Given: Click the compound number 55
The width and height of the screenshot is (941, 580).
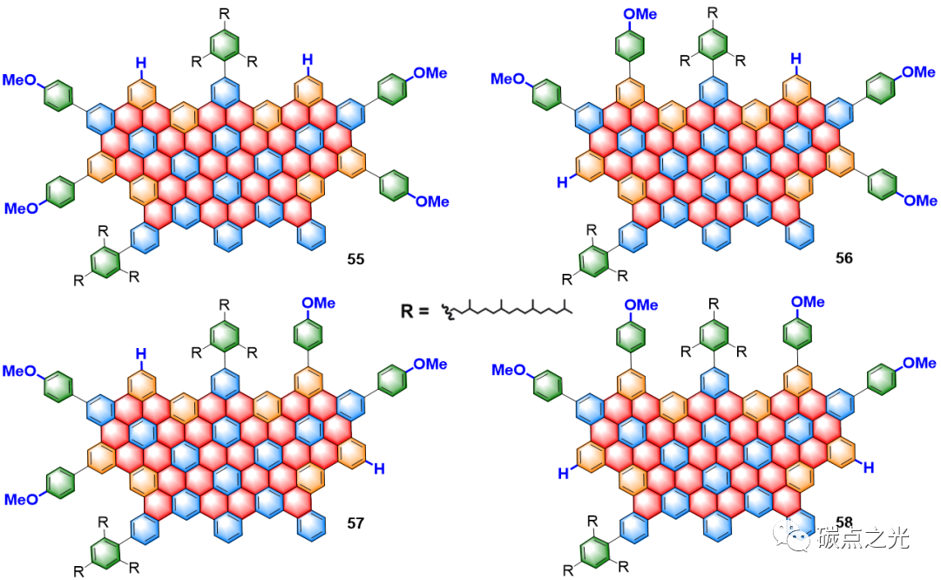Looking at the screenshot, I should coord(355,259).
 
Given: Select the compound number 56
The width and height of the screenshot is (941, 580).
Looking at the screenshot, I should coord(843,258).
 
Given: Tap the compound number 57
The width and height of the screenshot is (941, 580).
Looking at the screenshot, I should coord(354,523).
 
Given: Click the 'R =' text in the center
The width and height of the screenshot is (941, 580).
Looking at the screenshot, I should coord(416,310).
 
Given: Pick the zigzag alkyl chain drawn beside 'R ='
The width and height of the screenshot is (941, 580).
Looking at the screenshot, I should coord(510,309).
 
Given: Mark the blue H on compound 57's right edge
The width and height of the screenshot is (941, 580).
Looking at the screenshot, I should coord(378,468).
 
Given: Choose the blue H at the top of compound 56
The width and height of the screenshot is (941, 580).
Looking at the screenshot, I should coord(795,59).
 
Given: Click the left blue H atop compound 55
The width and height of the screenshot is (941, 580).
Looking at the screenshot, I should coord(140,62).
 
